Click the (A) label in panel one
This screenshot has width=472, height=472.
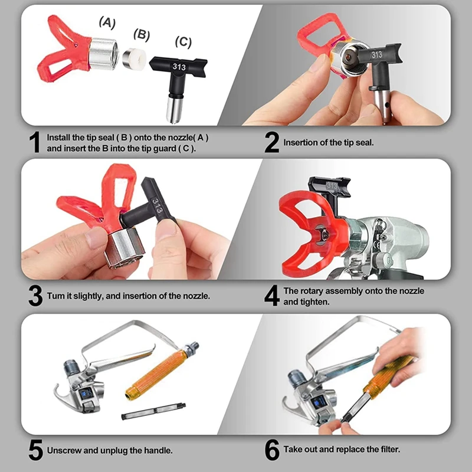coord(107,23)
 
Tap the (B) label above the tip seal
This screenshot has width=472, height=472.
coord(142,35)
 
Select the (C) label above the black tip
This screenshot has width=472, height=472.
coord(183,42)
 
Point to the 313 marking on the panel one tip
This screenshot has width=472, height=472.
coord(179,67)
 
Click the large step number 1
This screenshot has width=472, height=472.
coord(35,142)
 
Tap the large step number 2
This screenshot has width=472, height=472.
coord(271,142)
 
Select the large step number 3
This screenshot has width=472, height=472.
coord(35,296)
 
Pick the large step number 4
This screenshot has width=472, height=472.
coord(272,296)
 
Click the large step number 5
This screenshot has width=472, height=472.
coord(36,450)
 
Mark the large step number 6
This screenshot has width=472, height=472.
coord(272,450)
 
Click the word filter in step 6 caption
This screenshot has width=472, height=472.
coord(390,450)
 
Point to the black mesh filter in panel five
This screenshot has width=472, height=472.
coord(153,411)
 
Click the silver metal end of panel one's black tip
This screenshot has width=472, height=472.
coord(174,109)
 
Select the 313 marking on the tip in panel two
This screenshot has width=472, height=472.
coord(376,55)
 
